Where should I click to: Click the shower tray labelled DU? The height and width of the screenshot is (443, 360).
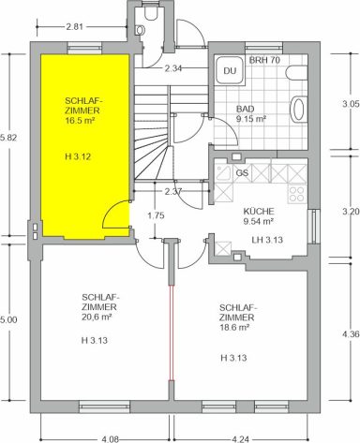coord(230,70)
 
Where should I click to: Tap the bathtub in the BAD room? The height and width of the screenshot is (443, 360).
coord(299,108)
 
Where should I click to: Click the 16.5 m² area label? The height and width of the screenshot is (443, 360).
coord(80,121)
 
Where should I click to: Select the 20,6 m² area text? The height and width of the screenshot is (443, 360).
coord(97,317)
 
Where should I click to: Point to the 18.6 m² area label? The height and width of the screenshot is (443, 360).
coord(234,328)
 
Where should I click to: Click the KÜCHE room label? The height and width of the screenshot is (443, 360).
coord(259,212)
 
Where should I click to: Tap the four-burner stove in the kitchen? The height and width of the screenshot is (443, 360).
coord(297,194)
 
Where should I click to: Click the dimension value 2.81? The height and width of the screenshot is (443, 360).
coord(75,27)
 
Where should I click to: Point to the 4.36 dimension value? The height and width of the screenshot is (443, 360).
coord(351,334)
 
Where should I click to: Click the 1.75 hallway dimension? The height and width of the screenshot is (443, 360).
coord(156,215)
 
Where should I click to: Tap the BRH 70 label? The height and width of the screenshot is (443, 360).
coord(264,60)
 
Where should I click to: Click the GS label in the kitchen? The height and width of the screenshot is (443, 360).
coord(242,172)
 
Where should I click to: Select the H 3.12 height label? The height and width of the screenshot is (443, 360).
coord(78,156)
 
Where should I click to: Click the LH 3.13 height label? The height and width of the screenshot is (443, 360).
coord(267,240)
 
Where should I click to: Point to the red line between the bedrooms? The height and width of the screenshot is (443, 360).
coord(172,332)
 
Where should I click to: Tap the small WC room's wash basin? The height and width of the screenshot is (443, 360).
coord(140,30)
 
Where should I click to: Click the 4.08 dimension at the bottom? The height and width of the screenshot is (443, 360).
coord(110,439)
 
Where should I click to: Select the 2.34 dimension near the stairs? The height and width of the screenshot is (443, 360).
coord(173,68)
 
